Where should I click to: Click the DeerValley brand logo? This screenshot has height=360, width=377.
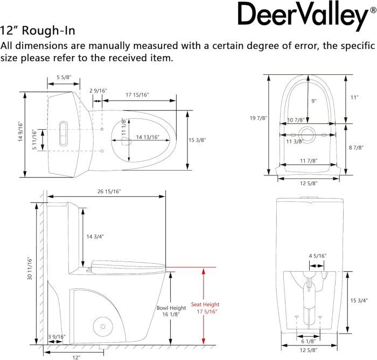[307, 15]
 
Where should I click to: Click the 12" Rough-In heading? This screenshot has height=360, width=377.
[38, 31]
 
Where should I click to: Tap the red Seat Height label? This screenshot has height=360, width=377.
[205, 304]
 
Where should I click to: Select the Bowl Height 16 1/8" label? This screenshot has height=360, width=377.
[171, 311]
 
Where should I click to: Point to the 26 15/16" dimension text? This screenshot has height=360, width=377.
[109, 192]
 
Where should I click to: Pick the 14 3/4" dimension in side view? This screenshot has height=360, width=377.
[95, 237]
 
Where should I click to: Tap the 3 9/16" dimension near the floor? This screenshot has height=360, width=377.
[57, 337]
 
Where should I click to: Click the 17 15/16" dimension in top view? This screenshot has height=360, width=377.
[137, 95]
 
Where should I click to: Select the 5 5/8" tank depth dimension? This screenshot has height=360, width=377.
[64, 77]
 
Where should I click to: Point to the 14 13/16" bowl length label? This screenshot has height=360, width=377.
[148, 137]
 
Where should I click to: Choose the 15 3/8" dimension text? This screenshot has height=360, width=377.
[197, 140]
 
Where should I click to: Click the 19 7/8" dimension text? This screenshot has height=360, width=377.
[259, 118]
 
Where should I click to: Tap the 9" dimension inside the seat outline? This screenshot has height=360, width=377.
[314, 101]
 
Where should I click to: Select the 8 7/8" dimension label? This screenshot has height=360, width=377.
[356, 147]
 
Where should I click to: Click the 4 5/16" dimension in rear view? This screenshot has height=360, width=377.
[317, 256]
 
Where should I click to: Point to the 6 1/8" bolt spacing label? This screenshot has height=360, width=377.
[309, 341]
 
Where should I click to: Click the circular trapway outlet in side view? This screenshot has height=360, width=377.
[103, 327]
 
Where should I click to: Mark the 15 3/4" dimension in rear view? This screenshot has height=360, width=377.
[359, 300]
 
